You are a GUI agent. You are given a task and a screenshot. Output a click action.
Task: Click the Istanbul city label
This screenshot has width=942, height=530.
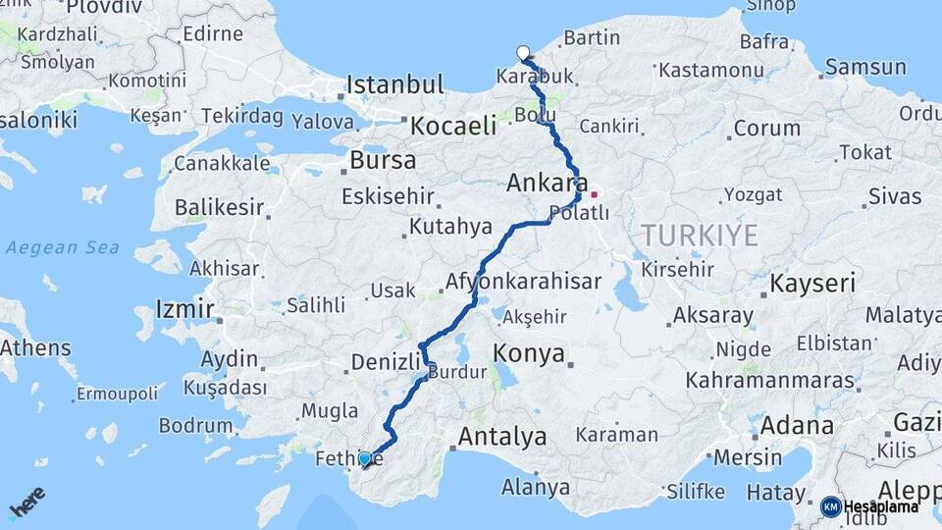pos(395,84)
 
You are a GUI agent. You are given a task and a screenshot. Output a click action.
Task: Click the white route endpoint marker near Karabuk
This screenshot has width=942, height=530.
pos(523,53)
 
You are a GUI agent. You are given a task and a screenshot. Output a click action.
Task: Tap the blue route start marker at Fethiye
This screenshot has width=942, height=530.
pos(365,458)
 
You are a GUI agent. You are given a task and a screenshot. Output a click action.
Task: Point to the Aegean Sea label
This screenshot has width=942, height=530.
pos(63,247)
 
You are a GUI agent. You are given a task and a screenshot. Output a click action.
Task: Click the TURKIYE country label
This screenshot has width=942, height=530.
pos(700,236)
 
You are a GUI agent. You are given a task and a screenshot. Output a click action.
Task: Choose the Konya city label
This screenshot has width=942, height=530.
pos(529,353)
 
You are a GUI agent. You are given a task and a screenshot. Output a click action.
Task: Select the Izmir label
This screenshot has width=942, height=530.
pos(185,310)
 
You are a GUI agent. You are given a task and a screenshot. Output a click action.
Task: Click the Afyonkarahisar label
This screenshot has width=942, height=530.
pos(523,282)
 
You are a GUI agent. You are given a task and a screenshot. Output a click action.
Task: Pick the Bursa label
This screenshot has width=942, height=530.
pos(383,160)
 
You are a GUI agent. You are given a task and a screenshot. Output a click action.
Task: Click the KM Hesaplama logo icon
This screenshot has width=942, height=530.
pos(830,506)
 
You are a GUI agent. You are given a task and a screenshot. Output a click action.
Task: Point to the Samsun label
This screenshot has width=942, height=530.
pos(865,68)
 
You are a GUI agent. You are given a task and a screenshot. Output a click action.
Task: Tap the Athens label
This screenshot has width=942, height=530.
pos(36,347)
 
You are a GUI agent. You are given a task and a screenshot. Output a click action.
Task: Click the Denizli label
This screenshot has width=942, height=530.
pos(386,362)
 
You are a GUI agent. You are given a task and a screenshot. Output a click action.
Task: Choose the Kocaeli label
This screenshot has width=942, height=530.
pos(453,126)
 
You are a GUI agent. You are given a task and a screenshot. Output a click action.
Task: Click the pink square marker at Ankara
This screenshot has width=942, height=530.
pos(593,194)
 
